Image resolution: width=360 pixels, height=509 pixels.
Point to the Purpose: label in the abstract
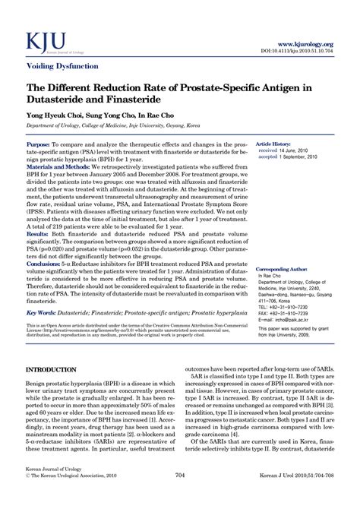[39, 144]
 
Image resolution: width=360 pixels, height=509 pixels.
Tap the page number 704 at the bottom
[180, 497]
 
